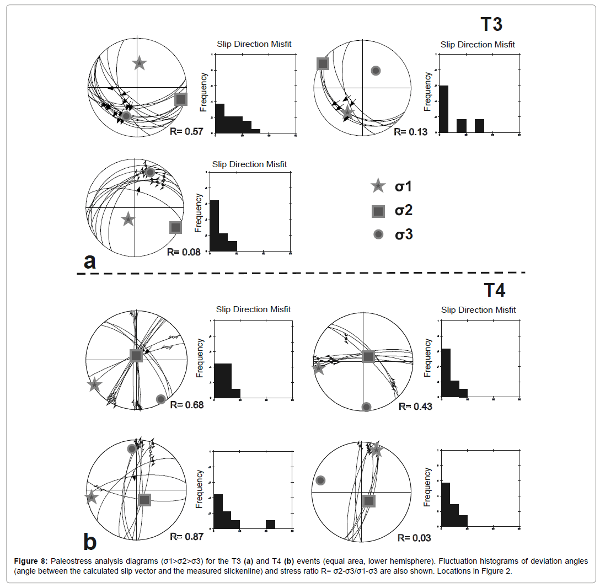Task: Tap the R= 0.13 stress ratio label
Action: [x=410, y=132]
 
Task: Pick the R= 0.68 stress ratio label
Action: [x=186, y=405]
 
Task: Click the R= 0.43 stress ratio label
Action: [x=415, y=406]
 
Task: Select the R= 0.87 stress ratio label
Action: [x=186, y=536]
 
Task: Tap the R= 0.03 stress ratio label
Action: [x=414, y=537]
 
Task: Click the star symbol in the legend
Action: [x=378, y=186]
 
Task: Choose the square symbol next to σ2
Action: [x=378, y=211]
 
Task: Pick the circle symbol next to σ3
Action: [x=378, y=234]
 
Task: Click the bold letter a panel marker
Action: [x=89, y=261]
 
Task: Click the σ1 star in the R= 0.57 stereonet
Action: [x=140, y=63]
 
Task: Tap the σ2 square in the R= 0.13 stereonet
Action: [x=323, y=63]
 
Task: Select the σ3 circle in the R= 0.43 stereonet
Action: [x=366, y=407]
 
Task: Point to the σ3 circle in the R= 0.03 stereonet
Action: [x=320, y=480]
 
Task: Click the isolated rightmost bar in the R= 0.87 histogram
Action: [x=270, y=524]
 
